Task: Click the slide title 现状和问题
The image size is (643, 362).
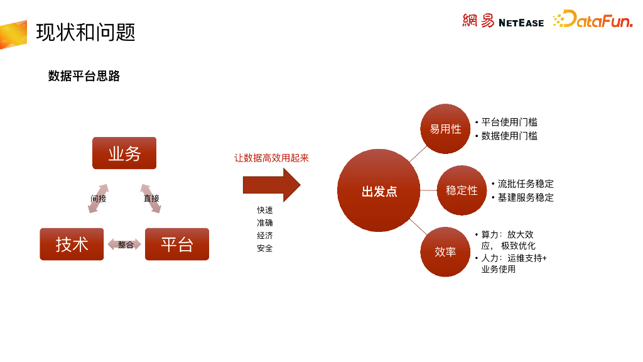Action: (x=85, y=32)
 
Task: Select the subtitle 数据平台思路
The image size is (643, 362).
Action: (x=84, y=77)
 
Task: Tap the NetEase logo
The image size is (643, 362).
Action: (x=503, y=21)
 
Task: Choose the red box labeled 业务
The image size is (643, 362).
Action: (x=124, y=153)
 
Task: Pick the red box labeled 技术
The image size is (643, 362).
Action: (x=72, y=244)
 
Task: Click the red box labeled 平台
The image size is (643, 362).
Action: (x=176, y=244)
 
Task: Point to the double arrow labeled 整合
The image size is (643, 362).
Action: (x=125, y=244)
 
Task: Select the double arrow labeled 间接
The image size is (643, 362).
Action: (x=99, y=198)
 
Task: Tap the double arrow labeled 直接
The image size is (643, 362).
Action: (x=151, y=198)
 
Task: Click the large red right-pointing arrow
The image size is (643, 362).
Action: (x=271, y=185)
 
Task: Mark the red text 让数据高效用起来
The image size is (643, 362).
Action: (x=272, y=158)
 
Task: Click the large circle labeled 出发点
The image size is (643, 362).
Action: (x=379, y=191)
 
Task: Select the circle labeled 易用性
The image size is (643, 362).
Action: (x=445, y=129)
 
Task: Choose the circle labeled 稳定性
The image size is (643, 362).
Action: (x=462, y=190)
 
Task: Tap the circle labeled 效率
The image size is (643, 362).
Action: (x=445, y=251)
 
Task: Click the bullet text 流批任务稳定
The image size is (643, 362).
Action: (x=526, y=184)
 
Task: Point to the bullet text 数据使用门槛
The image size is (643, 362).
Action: (x=509, y=136)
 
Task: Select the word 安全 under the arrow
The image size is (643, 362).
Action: (x=264, y=248)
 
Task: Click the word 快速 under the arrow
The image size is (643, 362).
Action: (x=264, y=210)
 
